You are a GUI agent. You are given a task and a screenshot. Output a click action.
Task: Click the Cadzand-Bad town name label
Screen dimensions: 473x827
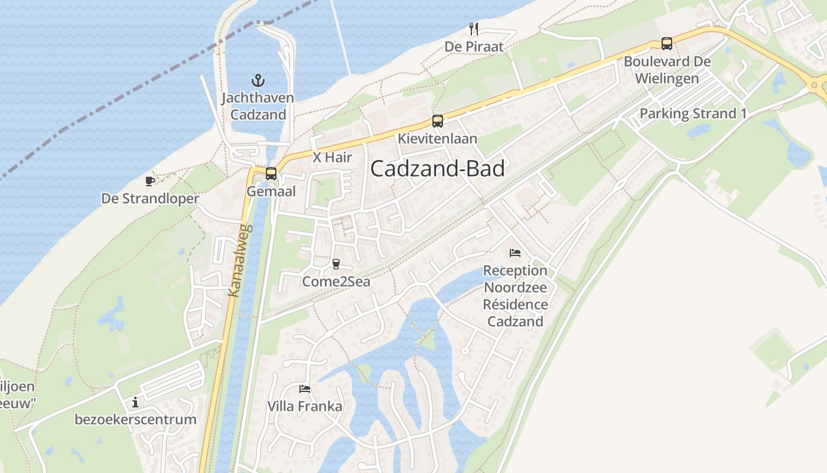[438, 169]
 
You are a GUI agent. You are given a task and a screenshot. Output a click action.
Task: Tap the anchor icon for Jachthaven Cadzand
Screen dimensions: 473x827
[258, 80]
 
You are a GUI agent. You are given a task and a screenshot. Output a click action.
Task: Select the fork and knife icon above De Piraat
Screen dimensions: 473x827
[474, 28]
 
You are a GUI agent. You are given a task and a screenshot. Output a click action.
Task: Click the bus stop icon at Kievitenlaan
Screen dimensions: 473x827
[437, 121]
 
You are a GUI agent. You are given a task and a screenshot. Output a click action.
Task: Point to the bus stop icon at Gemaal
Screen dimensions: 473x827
[271, 174]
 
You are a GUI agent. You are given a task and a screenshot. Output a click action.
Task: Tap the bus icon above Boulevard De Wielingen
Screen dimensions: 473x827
[667, 44]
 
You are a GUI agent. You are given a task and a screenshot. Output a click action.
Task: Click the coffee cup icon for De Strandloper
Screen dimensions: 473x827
[150, 181]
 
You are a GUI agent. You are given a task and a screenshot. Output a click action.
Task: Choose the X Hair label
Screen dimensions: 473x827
[332, 158]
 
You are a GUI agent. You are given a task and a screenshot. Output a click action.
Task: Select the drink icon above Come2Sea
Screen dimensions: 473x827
[336, 264]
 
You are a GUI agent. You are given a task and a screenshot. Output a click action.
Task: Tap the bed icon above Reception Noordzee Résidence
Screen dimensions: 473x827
[515, 253]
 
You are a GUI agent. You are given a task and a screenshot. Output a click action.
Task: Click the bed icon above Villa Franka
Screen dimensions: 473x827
[305, 388]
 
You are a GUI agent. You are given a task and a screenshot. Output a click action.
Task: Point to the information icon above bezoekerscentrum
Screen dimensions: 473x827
[135, 402]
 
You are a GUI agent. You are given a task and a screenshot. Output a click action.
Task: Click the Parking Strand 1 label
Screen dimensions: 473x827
[693, 114]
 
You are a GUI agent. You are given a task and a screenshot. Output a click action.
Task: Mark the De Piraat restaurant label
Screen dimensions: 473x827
[474, 47]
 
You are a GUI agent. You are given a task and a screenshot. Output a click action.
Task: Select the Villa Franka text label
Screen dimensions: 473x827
[305, 407]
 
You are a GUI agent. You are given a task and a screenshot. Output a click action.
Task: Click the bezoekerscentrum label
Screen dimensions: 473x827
[135, 420]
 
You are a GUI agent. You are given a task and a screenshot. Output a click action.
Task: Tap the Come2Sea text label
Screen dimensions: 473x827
[336, 282]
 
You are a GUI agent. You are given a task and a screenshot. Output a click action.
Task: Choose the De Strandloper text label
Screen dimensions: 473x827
[150, 199]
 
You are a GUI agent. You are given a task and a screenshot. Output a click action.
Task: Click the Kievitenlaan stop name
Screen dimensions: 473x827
[437, 139]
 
